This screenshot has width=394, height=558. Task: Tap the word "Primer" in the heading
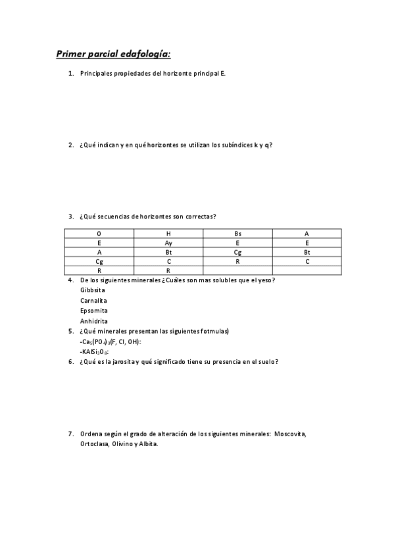click(70, 53)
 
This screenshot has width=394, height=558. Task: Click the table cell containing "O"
click(99, 234)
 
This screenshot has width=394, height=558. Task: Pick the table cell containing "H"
click(168, 234)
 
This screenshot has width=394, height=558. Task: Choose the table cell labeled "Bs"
click(237, 234)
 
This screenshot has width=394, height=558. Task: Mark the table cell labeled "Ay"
click(168, 243)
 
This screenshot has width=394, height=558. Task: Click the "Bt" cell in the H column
click(168, 252)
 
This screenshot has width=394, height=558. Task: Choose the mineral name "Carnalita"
click(93, 301)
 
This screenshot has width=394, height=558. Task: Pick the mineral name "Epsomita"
click(94, 311)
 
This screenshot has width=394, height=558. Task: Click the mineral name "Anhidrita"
click(94, 321)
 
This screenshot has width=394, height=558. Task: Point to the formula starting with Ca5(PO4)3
click(110, 342)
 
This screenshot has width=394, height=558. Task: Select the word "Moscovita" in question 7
click(290, 434)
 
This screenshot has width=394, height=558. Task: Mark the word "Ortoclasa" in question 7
click(95, 444)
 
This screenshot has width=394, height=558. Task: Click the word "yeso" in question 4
click(265, 280)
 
